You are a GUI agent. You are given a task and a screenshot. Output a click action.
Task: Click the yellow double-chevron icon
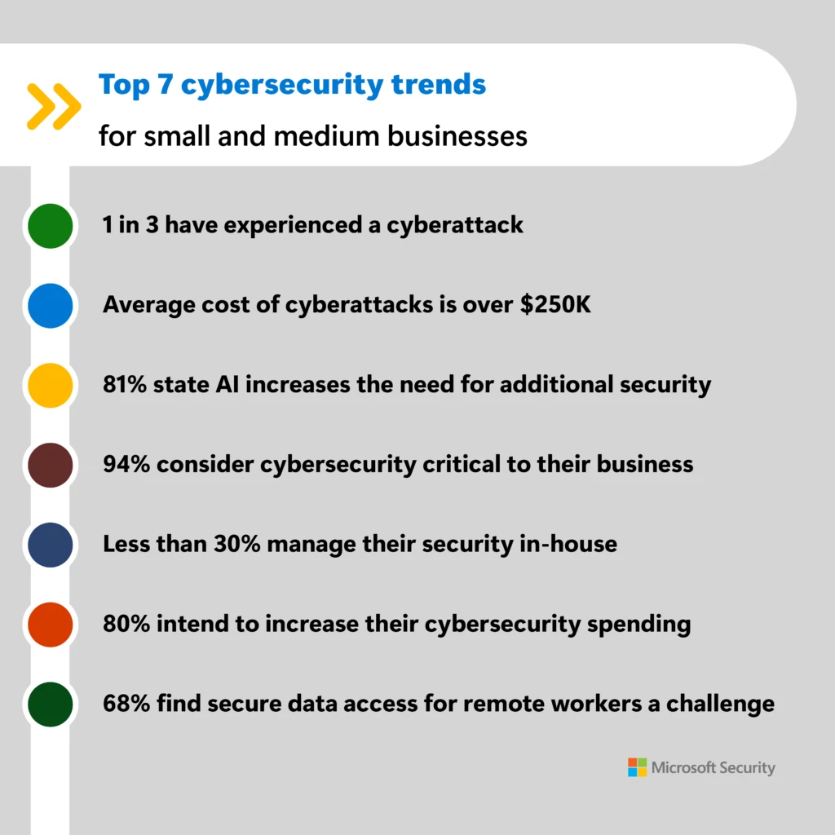coord(53,106)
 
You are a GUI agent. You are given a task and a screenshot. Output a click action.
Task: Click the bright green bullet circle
coord(50,226)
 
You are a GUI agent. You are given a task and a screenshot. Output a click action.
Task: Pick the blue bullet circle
coord(50,306)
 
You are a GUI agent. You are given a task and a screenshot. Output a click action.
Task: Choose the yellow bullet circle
coord(50,386)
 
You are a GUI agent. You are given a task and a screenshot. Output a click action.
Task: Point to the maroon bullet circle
coord(50,466)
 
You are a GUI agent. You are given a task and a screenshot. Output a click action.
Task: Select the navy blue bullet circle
coord(50,546)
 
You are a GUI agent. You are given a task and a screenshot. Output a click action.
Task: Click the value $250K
coord(564,304)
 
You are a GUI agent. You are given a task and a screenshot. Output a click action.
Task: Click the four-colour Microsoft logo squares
coord(637,767)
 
